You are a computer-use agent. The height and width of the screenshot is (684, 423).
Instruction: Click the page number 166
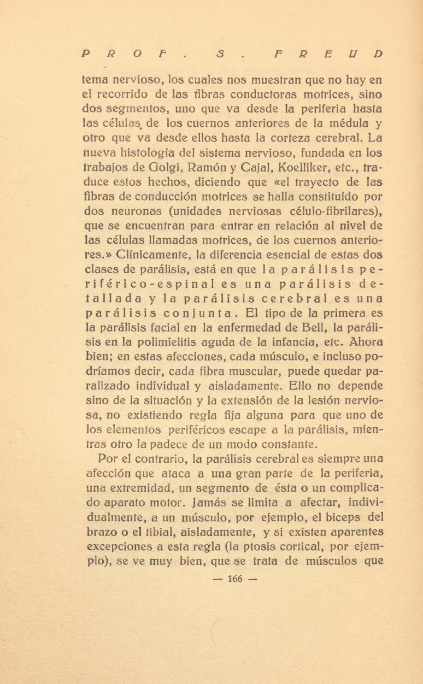(234, 579)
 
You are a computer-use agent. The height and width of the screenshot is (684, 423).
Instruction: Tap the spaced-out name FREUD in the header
(327, 54)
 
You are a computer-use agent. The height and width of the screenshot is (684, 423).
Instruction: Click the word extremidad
(139, 487)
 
